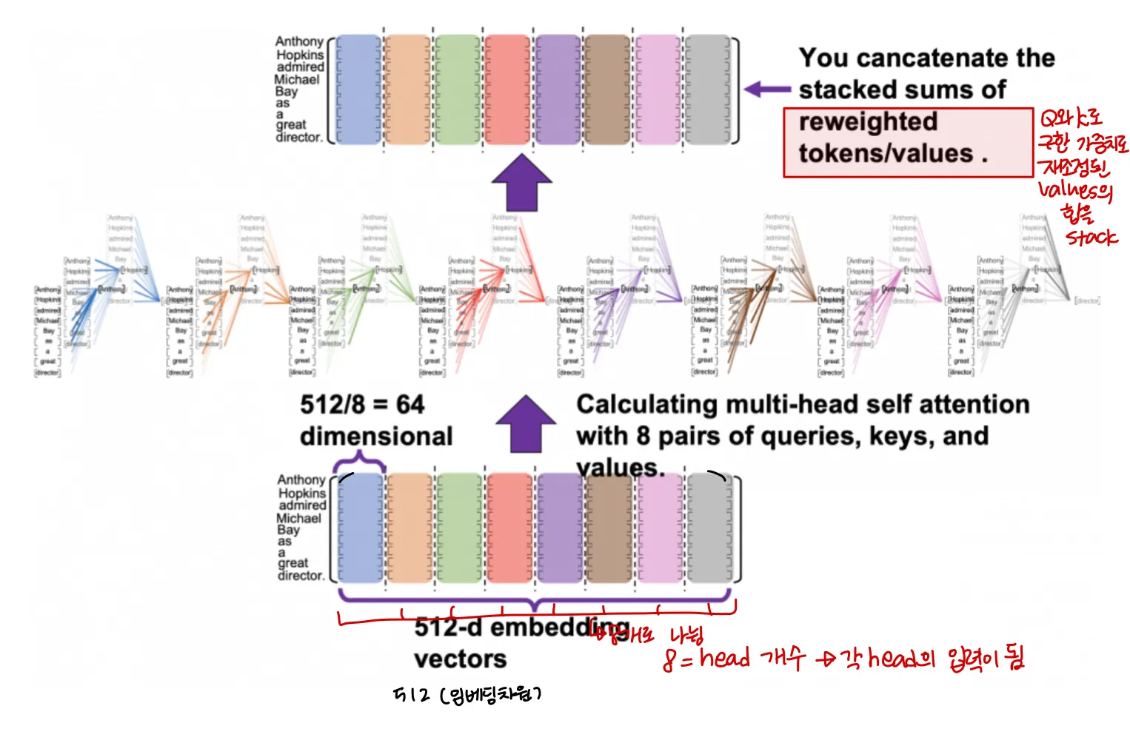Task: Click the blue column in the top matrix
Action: click(358, 89)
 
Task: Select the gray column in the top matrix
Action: click(707, 89)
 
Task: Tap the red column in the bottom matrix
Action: click(509, 528)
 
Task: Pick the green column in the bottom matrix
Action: click(459, 528)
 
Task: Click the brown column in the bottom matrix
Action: click(609, 528)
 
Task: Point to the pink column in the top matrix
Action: click(658, 89)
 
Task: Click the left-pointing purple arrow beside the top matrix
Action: click(767, 90)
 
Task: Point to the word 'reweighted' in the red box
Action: click(868, 121)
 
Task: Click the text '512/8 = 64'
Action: click(362, 405)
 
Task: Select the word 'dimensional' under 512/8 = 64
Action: click(376, 437)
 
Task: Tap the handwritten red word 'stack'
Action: click(1091, 238)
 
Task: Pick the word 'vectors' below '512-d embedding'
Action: click(460, 659)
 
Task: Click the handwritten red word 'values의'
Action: click(1074, 191)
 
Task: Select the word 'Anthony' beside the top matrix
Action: click(299, 41)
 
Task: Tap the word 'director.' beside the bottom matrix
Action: click(301, 576)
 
